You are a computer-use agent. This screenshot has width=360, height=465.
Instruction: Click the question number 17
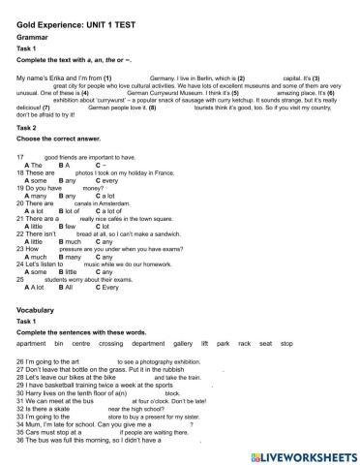tap(20, 156)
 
